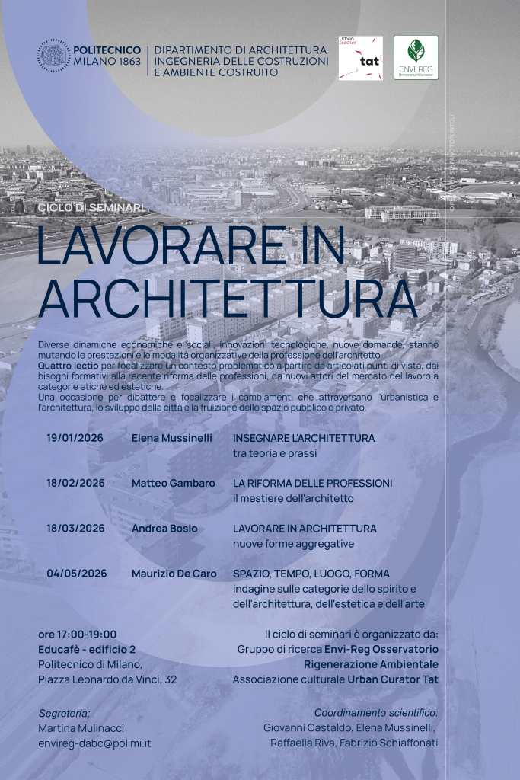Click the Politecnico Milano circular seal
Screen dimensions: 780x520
[x=53, y=56]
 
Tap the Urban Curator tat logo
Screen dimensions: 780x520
[x=360, y=58]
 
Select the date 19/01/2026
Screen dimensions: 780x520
[x=75, y=439]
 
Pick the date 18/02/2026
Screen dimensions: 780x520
[x=75, y=484]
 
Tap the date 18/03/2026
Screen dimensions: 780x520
[x=75, y=529]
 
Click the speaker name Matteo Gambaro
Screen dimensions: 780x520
[x=173, y=484]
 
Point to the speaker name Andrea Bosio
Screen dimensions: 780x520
[x=164, y=529]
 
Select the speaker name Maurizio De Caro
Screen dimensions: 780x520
[x=174, y=574]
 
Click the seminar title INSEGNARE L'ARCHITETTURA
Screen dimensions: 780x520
[x=304, y=439]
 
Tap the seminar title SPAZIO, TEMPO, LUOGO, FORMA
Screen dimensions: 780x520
[x=311, y=574]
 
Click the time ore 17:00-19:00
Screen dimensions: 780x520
[x=78, y=635]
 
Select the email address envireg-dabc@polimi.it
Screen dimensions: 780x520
[x=94, y=743]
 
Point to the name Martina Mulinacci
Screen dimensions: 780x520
[x=81, y=728]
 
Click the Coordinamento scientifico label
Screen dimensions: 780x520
[x=376, y=713]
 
